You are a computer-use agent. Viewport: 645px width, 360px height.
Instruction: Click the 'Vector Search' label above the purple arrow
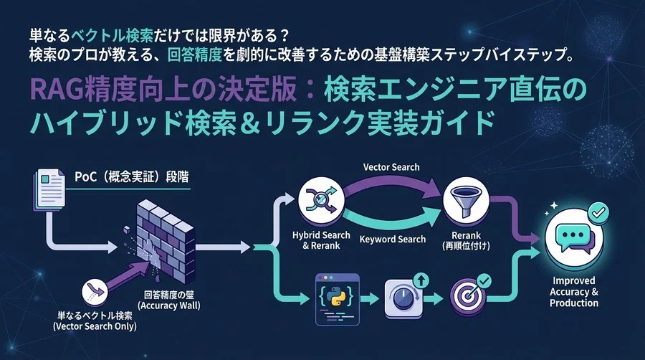391,166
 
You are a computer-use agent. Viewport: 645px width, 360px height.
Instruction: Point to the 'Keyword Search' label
392,239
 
